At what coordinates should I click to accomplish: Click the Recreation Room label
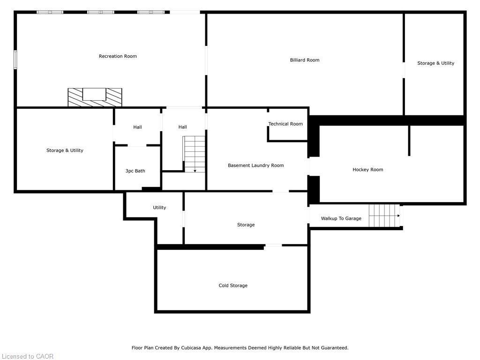pyautogui.click(x=118, y=56)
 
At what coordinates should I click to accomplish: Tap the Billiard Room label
pyautogui.click(x=304, y=60)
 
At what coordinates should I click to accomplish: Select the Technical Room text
pyautogui.click(x=285, y=124)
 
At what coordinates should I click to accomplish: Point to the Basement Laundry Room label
pyautogui.click(x=255, y=165)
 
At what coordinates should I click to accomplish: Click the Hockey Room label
pyautogui.click(x=367, y=170)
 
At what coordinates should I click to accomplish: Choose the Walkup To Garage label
pyautogui.click(x=341, y=218)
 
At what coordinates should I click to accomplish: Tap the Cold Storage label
pyautogui.click(x=233, y=285)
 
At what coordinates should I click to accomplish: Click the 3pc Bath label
pyautogui.click(x=135, y=171)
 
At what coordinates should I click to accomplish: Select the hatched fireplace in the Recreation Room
pyautogui.click(x=95, y=97)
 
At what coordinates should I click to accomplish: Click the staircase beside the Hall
pyautogui.click(x=194, y=154)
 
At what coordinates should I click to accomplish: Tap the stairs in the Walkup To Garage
pyautogui.click(x=383, y=216)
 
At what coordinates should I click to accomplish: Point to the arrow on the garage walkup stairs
pyautogui.click(x=398, y=216)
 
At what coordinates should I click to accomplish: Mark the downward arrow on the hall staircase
pyautogui.click(x=195, y=170)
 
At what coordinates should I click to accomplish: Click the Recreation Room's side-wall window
pyautogui.click(x=15, y=60)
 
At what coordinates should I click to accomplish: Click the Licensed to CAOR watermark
pyautogui.click(x=27, y=356)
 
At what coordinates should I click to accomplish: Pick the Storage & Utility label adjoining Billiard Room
pyautogui.click(x=435, y=63)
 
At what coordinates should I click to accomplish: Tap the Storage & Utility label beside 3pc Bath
pyautogui.click(x=65, y=150)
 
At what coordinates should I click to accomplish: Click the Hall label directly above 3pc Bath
pyautogui.click(x=137, y=127)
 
